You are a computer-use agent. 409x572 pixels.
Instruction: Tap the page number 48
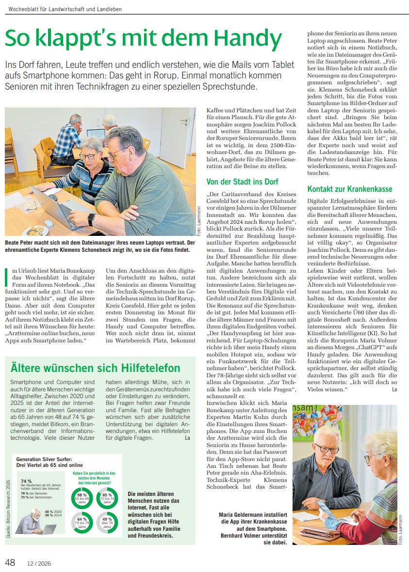[10, 562]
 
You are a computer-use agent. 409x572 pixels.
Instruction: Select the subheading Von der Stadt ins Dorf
[243, 182]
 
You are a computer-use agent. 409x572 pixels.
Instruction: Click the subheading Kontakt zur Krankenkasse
[350, 189]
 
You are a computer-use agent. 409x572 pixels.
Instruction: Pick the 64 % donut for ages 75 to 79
[82, 522]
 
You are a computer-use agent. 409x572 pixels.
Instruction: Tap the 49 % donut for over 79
[107, 522]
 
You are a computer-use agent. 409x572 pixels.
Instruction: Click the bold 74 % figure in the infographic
[26, 481]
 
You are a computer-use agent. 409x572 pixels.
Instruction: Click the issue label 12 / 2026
[39, 563]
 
